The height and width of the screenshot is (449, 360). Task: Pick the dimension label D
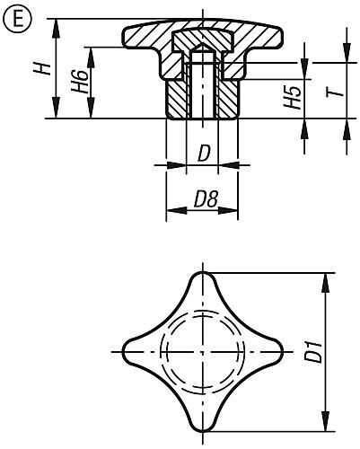point(203,154)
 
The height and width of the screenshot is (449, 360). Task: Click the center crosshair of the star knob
point(203,350)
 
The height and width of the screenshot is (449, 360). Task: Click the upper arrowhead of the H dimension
point(57,22)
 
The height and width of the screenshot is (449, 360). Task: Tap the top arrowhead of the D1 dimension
point(323,277)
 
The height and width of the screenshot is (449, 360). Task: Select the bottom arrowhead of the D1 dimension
point(323,422)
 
